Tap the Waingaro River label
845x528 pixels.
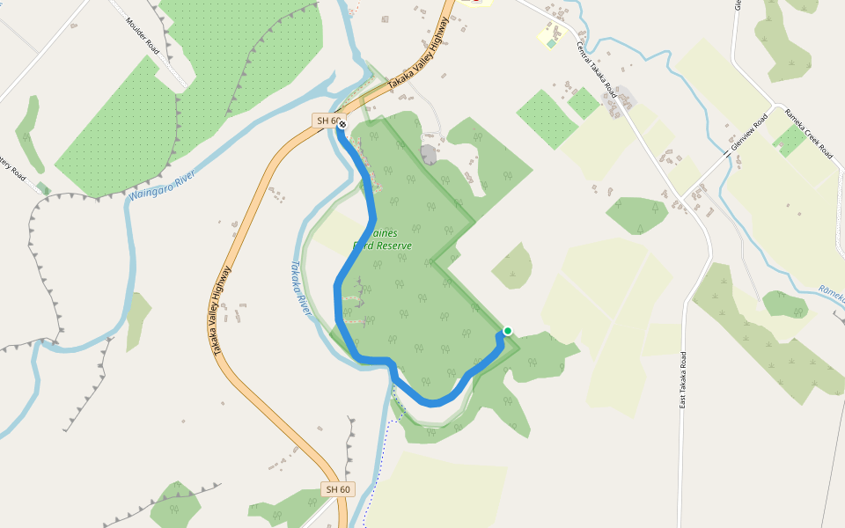point(160,186)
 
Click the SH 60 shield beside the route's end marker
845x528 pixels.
point(326,120)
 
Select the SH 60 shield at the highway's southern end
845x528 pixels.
point(338,489)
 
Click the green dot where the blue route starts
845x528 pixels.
point(507,331)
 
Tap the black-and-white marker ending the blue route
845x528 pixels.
point(342,125)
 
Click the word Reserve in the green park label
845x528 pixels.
point(393,246)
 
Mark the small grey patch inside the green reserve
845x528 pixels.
point(429,155)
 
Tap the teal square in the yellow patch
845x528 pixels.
point(552,42)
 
